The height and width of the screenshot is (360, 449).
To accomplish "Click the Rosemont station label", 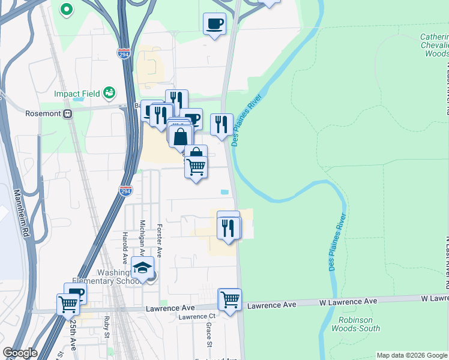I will point(41,113).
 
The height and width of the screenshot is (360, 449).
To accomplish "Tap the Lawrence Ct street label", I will point(196,316).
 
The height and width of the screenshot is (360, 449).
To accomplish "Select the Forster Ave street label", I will point(160,239).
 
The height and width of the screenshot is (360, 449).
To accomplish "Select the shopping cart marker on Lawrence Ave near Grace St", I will point(230,299).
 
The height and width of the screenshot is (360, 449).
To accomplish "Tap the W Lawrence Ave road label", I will point(348,301).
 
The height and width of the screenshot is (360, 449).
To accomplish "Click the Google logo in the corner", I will point(19,353).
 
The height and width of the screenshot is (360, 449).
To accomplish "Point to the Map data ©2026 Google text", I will point(412,355).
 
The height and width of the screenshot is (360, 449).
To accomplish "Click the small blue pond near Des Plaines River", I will point(224,192).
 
